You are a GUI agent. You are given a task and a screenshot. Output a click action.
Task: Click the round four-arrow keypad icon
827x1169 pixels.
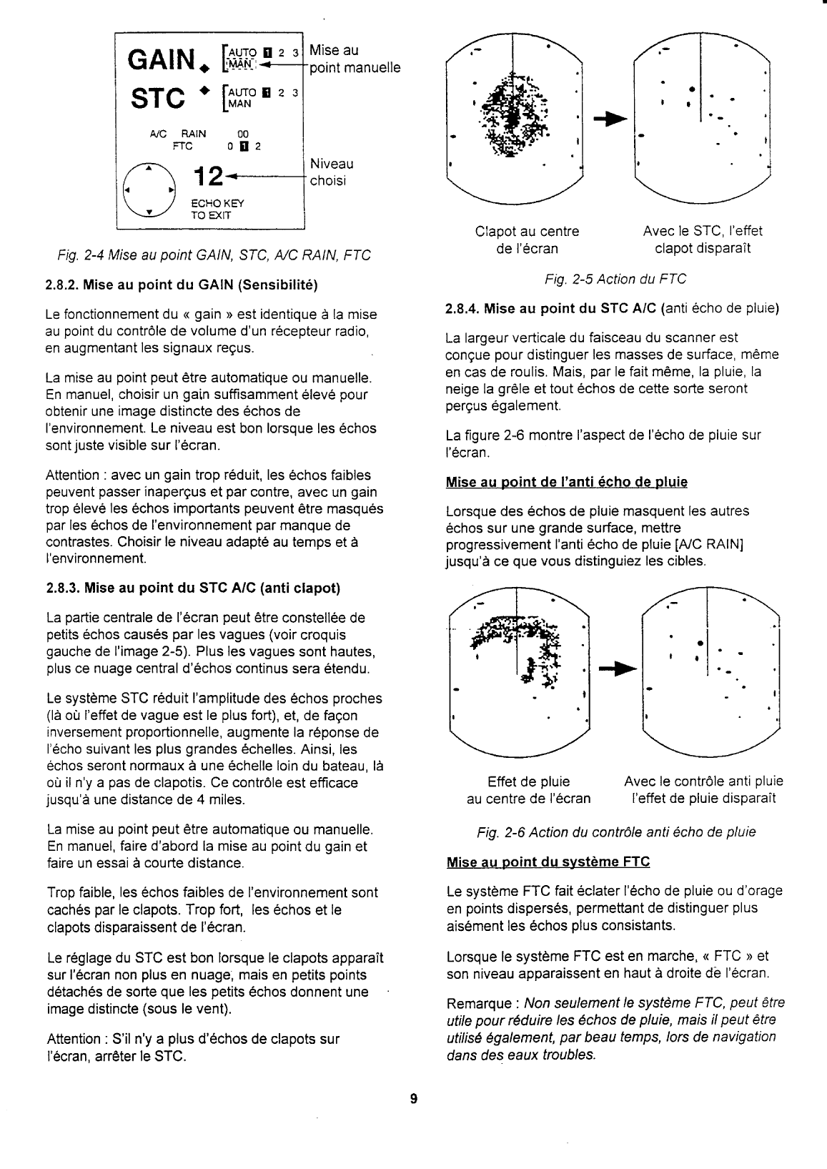click(149, 191)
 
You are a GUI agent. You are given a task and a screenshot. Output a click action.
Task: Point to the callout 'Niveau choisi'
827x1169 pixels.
click(331, 172)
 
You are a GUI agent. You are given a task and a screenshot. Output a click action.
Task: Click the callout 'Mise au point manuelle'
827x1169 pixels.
click(355, 59)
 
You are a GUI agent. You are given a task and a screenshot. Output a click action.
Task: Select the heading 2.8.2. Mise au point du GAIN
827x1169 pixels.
click(182, 285)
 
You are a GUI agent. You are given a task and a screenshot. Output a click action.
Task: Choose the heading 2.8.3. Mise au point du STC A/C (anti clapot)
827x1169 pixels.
click(192, 588)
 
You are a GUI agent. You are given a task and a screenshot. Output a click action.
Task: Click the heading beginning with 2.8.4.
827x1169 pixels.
click(611, 309)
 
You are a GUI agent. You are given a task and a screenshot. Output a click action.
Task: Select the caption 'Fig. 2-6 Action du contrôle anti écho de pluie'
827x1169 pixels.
click(615, 832)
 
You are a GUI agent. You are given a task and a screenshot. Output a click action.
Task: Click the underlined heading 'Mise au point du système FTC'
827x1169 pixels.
click(548, 862)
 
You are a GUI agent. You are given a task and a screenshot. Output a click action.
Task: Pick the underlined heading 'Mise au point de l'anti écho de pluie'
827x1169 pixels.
click(566, 483)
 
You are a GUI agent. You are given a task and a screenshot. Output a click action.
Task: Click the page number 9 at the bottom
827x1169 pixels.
click(414, 1099)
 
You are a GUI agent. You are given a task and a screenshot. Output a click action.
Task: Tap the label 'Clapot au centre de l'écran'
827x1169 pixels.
click(527, 240)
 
